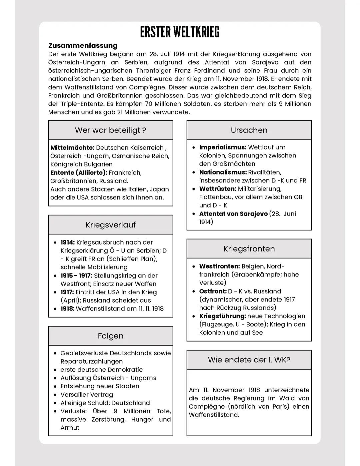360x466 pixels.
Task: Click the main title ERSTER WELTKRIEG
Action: click(180, 32)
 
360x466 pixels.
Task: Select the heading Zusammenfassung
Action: click(83, 46)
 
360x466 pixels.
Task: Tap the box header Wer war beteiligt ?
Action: click(110, 130)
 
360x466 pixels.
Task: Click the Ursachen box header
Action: click(249, 130)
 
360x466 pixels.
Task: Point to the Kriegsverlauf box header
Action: click(110, 225)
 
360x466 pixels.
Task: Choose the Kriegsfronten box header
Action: click(249, 249)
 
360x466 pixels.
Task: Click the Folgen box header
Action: click(110, 336)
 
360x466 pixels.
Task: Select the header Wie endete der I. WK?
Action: click(249, 360)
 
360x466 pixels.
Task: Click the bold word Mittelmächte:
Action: click(72, 148)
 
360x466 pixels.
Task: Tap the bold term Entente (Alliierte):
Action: click(79, 173)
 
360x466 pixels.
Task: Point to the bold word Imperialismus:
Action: click(223, 147)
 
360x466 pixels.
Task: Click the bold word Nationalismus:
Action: click(223, 172)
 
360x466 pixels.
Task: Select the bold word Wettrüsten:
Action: click(218, 189)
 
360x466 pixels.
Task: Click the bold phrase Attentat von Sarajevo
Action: click(233, 214)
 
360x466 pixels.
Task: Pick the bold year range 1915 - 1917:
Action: click(76, 276)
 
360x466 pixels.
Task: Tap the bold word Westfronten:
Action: click(219, 267)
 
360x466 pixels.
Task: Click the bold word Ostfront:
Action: click(213, 291)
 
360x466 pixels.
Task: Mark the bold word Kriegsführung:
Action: click(222, 316)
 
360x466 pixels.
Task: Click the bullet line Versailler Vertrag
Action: click(87, 395)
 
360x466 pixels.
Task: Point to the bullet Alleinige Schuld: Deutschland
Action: click(105, 403)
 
